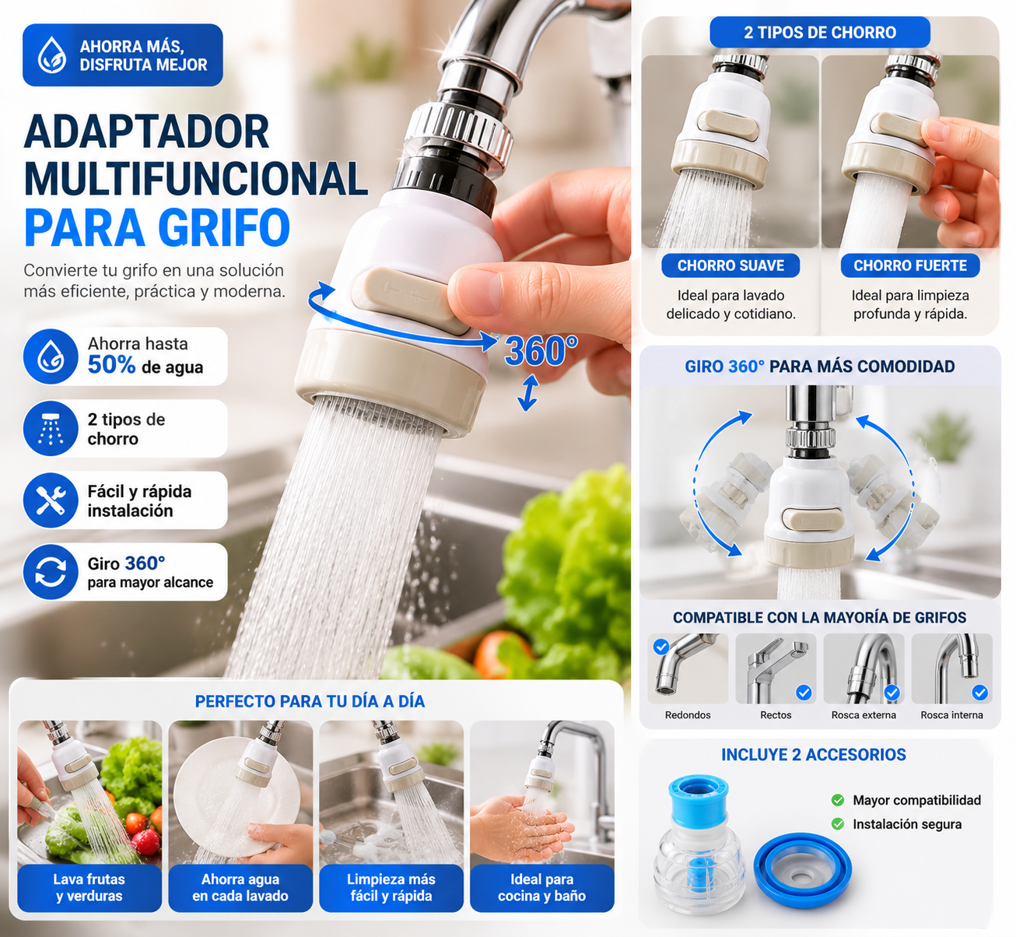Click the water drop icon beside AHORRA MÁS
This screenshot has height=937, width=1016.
[51, 54]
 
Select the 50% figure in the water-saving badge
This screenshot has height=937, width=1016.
[111, 365]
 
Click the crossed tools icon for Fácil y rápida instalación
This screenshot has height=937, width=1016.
[50, 500]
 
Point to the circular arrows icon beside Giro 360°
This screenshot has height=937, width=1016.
[50, 571]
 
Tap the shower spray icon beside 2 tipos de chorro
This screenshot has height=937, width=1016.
[50, 428]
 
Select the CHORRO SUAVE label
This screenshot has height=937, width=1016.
[730, 265]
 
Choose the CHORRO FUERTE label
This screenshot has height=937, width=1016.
[910, 265]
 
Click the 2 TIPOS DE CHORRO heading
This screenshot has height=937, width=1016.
[819, 32]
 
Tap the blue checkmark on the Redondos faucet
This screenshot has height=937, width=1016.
[661, 647]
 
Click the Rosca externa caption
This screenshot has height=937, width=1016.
[864, 714]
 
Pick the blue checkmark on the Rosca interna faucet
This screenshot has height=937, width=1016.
[979, 693]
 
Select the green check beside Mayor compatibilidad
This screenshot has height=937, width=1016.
[837, 800]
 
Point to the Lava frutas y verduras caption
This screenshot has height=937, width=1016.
[89, 887]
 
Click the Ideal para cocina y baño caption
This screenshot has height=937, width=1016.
[541, 887]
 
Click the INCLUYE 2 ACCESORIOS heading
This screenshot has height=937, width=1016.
[814, 754]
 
